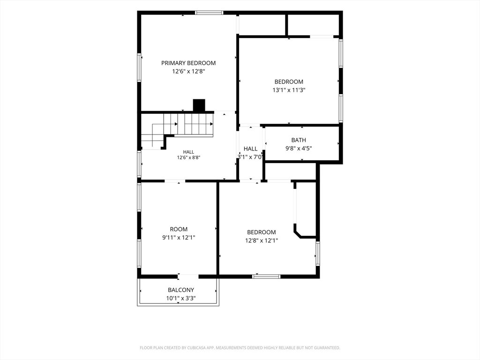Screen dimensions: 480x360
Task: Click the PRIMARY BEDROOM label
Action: pyautogui.click(x=188, y=63)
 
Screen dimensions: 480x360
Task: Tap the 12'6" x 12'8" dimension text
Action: pyautogui.click(x=188, y=72)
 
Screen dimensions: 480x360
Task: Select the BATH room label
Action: pyautogui.click(x=299, y=140)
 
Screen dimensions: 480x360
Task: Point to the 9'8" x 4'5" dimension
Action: pyautogui.click(x=299, y=149)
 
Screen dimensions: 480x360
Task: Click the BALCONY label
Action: pyautogui.click(x=181, y=290)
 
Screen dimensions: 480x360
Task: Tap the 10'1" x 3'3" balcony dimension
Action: pyautogui.click(x=181, y=298)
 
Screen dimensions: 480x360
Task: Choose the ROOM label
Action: pyautogui.click(x=179, y=229)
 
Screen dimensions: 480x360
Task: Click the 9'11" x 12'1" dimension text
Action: pyautogui.click(x=179, y=238)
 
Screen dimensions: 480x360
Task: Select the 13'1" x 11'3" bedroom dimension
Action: pyautogui.click(x=289, y=90)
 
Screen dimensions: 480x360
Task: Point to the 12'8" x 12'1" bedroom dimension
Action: pyautogui.click(x=262, y=240)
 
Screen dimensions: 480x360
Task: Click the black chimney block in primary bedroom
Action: pyautogui.click(x=199, y=105)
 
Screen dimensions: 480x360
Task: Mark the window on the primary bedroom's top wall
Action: pyautogui.click(x=209, y=13)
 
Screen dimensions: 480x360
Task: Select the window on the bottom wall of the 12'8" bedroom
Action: pyautogui.click(x=266, y=277)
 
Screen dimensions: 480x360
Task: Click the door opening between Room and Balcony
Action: pyautogui.click(x=188, y=277)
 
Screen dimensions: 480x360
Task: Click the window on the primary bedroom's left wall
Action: pyautogui.click(x=139, y=67)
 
